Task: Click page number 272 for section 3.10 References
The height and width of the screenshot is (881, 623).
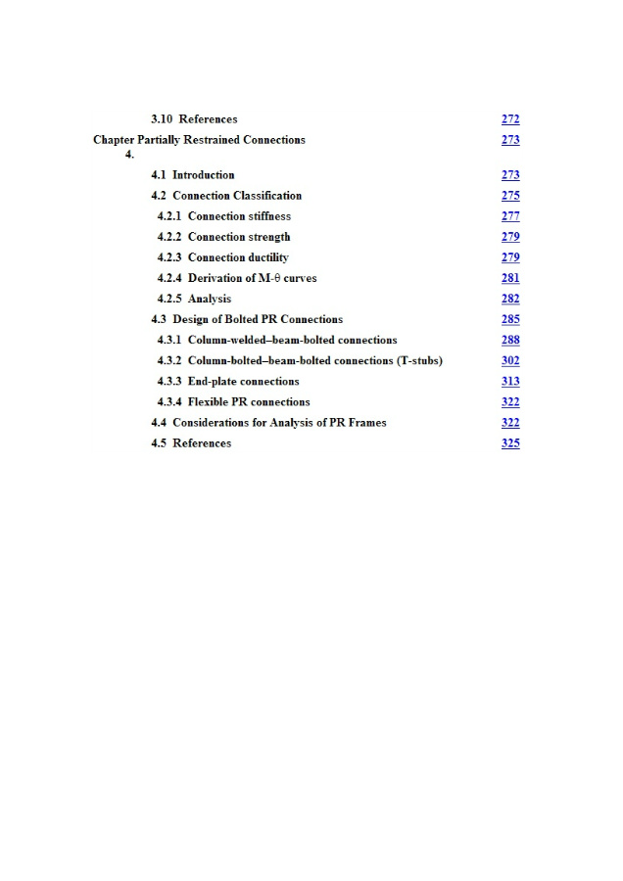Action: point(510,119)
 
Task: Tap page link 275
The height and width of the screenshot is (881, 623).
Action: point(510,196)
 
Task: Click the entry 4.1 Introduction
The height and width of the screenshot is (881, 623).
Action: point(193,175)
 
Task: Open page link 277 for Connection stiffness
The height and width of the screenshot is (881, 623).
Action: point(510,216)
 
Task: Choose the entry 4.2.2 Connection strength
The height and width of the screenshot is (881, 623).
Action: point(224,237)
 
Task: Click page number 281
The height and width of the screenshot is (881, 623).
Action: point(510,278)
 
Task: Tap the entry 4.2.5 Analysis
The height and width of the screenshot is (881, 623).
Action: point(195,299)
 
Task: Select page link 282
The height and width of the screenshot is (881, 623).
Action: point(510,299)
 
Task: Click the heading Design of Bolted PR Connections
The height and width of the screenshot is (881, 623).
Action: point(258,319)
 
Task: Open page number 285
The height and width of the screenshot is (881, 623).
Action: point(510,319)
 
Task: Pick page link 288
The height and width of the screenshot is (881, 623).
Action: point(510,340)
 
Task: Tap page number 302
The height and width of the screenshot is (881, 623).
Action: point(510,360)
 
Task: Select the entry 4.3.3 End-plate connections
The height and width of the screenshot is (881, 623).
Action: point(228,381)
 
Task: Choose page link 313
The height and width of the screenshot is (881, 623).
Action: point(510,381)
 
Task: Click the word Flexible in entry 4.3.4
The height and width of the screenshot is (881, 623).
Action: point(208,402)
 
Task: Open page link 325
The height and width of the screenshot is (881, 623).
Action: point(510,443)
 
